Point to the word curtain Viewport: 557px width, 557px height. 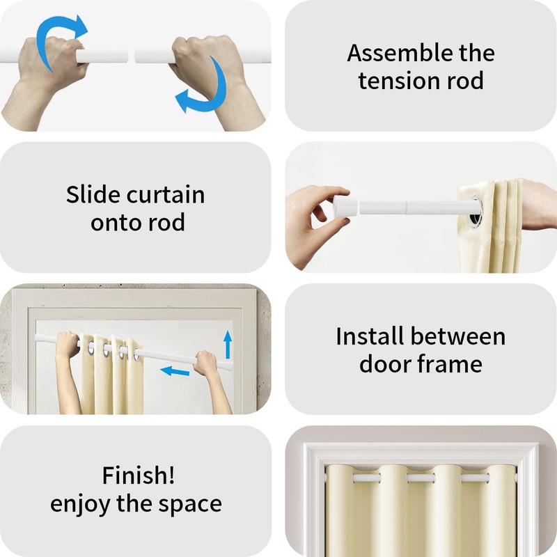pyautogui.click(x=165, y=195)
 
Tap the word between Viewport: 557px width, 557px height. pyautogui.click(x=458, y=336)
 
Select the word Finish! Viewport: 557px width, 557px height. pyautogui.click(x=139, y=475)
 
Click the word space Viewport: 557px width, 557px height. pyautogui.click(x=190, y=505)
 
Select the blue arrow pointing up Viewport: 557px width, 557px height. pyautogui.click(x=228, y=345)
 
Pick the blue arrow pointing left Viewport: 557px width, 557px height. pyautogui.click(x=175, y=372)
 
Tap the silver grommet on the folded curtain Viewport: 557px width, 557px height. pyautogui.click(x=476, y=211)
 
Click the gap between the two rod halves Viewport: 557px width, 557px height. pyautogui.click(x=131, y=56)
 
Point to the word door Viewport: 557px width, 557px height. pyautogui.click(x=385, y=363)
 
